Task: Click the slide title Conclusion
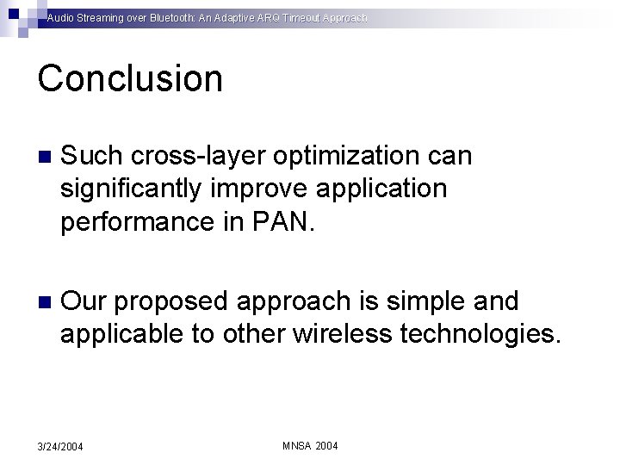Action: (x=130, y=78)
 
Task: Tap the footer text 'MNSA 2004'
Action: (x=310, y=445)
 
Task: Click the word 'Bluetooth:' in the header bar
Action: (x=159, y=17)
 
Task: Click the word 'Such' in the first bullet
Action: (x=90, y=156)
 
